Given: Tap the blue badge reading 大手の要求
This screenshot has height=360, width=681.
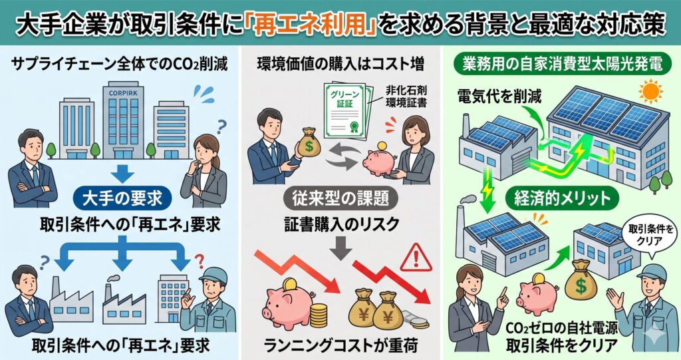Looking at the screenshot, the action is tap(122, 199).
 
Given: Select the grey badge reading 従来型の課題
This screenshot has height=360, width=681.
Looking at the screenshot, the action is tap(340, 199).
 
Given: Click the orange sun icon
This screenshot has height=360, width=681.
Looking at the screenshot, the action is tap(650, 92).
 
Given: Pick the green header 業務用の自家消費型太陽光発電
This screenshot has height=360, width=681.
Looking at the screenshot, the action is tap(562, 65).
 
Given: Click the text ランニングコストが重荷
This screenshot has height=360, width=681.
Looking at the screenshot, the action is tap(340, 345).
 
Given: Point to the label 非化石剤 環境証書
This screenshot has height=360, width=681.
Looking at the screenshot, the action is tap(406, 96).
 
